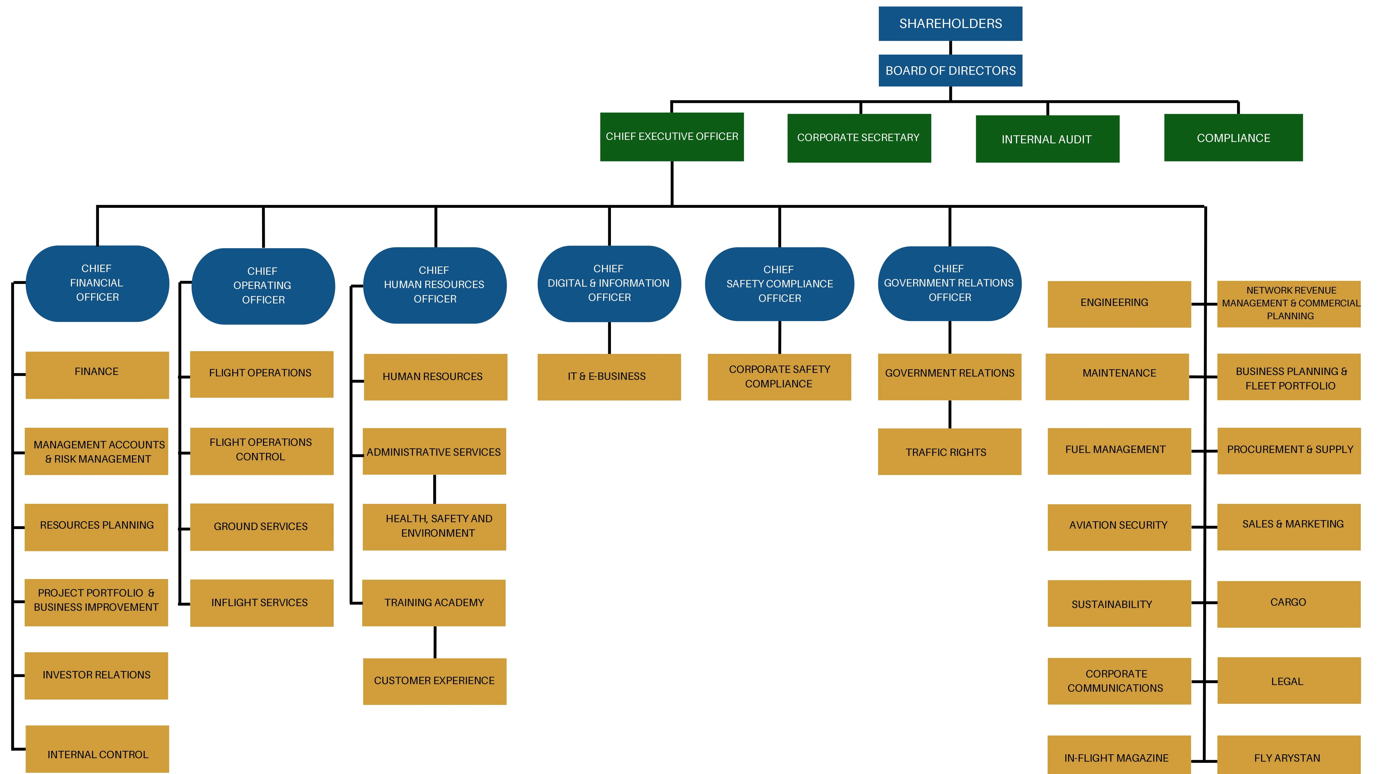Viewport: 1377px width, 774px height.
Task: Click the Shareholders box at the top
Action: point(950,23)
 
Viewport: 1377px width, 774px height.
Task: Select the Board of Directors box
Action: point(950,70)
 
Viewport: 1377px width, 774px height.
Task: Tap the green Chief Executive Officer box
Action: point(671,137)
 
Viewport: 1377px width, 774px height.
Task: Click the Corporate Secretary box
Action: point(859,138)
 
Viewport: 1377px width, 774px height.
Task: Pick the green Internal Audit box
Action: point(1047,139)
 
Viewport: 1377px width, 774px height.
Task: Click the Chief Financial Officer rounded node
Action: point(97,283)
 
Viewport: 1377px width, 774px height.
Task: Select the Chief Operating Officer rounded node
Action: point(263,286)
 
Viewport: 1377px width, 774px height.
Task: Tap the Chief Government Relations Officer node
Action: point(949,283)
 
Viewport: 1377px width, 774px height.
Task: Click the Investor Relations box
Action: point(96,675)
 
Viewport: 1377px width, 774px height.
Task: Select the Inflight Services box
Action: point(261,602)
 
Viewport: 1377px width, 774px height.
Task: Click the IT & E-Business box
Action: point(609,377)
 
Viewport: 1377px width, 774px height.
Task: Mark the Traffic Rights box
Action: point(949,452)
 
